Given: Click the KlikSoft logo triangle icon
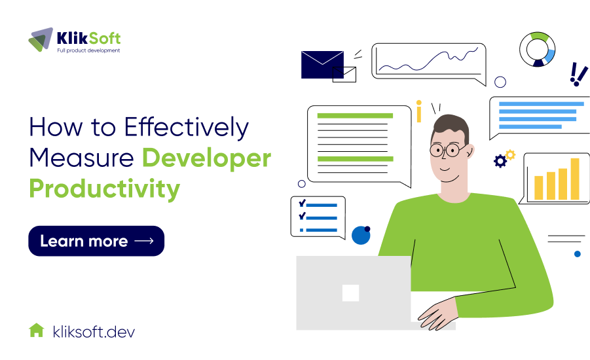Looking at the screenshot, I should point(41,40).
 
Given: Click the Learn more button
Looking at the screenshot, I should point(96,241).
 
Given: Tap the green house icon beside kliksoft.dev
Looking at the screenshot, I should point(37,331).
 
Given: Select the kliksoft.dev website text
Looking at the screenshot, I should point(94,331).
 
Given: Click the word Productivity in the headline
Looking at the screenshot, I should point(104,189).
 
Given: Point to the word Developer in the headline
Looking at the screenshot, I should point(206,158).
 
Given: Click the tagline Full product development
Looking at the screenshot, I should point(88,51).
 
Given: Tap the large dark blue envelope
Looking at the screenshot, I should point(322,64).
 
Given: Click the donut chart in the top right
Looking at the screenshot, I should point(538,49).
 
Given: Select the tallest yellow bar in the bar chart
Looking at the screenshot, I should point(575,179).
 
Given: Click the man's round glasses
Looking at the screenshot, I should point(449,150).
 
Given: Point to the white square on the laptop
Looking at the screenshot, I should point(350,293).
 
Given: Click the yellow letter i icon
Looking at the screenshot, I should point(418,112).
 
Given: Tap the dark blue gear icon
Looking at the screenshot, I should point(500,161).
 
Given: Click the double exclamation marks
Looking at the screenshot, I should point(578,75).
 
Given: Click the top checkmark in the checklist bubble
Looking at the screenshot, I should point(302,204).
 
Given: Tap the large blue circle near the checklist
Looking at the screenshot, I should point(361,235).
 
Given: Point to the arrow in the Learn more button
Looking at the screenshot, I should point(143,241).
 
